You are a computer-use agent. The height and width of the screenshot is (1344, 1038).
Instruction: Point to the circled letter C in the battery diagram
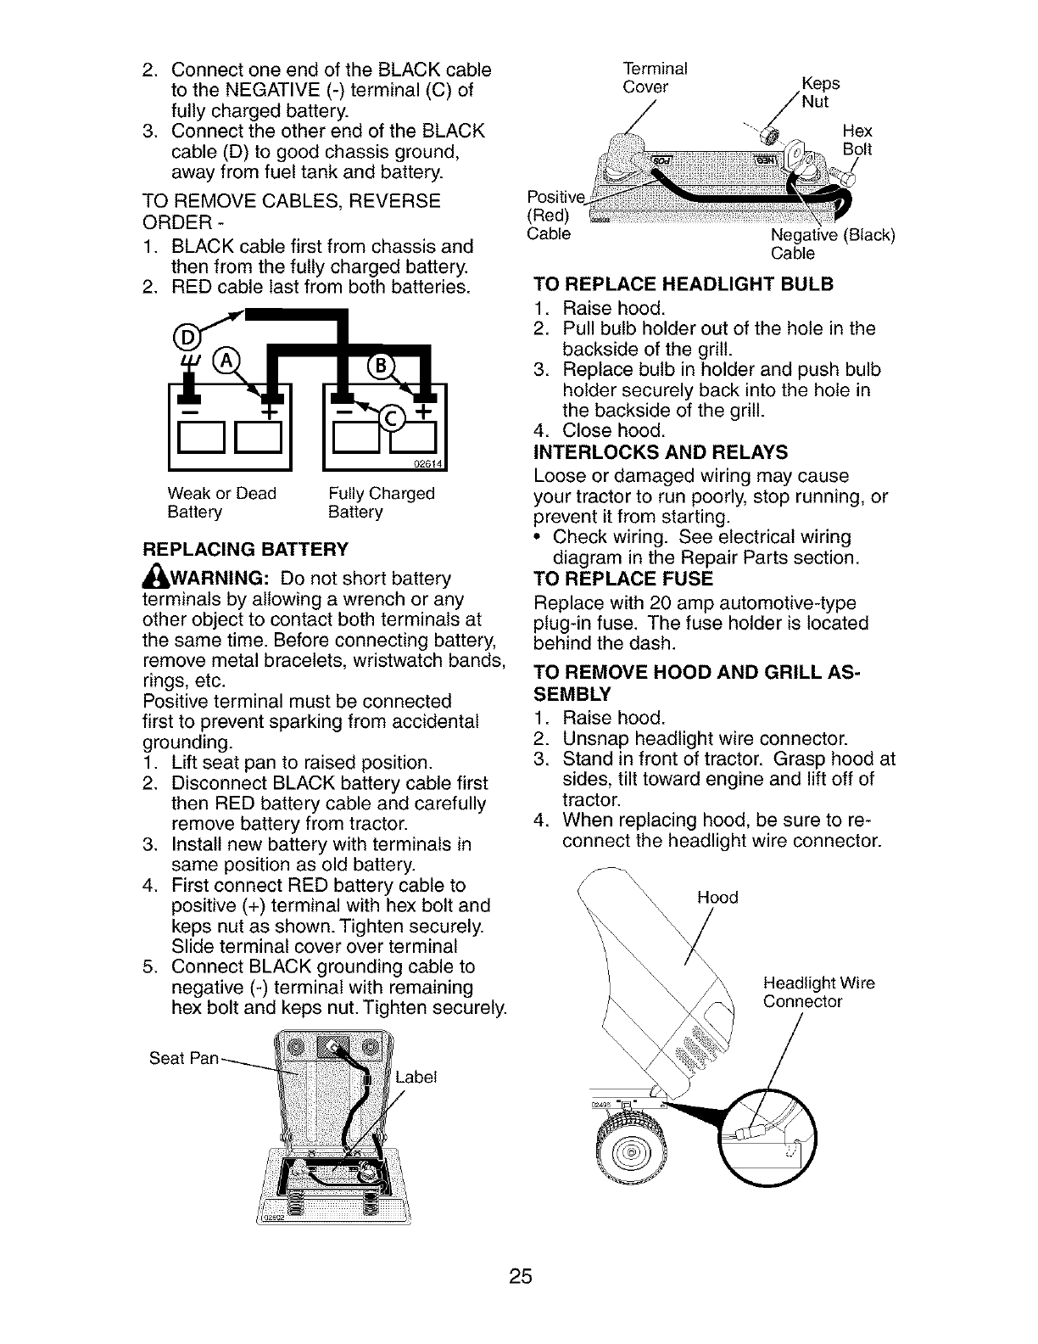(x=391, y=416)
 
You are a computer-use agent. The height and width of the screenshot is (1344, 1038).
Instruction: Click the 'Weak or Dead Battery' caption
(x=221, y=502)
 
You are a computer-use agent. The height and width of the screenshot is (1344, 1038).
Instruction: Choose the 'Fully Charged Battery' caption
(x=381, y=502)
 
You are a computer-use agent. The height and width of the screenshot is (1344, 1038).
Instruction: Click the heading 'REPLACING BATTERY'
(x=245, y=549)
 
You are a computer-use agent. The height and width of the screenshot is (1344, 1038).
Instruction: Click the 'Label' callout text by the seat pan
(x=416, y=1077)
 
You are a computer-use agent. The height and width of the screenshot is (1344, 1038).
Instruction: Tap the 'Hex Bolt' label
(x=857, y=140)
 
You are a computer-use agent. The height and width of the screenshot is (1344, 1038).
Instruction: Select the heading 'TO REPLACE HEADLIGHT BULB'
(x=684, y=283)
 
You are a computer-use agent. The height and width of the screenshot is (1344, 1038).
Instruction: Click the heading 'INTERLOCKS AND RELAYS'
(x=661, y=451)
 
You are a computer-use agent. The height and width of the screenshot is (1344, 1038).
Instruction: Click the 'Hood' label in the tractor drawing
(x=717, y=897)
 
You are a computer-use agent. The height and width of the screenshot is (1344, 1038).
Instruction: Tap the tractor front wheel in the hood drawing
(x=629, y=1154)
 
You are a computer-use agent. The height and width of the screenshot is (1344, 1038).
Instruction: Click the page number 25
(x=520, y=1276)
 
